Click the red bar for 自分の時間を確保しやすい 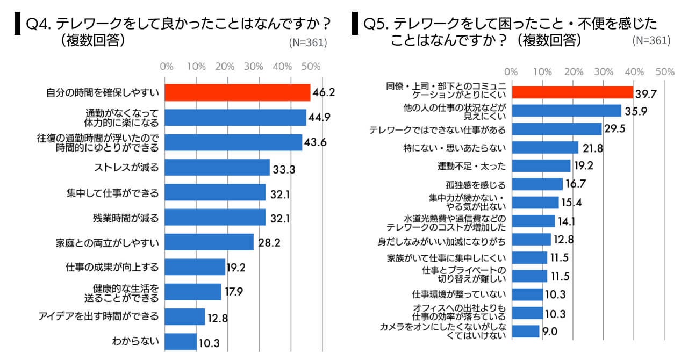pos(237,92)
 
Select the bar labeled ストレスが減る pos(217,167)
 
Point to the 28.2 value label pos(269,242)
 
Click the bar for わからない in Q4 pos(181,341)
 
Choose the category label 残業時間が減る pos(126,218)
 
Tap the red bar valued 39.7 pos(572,92)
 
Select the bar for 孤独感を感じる pos(537,184)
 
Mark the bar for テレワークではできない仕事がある pos(556,129)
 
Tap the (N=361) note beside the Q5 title pos(651,40)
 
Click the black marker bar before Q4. pos(17,25)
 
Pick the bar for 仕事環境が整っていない pos(527,294)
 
